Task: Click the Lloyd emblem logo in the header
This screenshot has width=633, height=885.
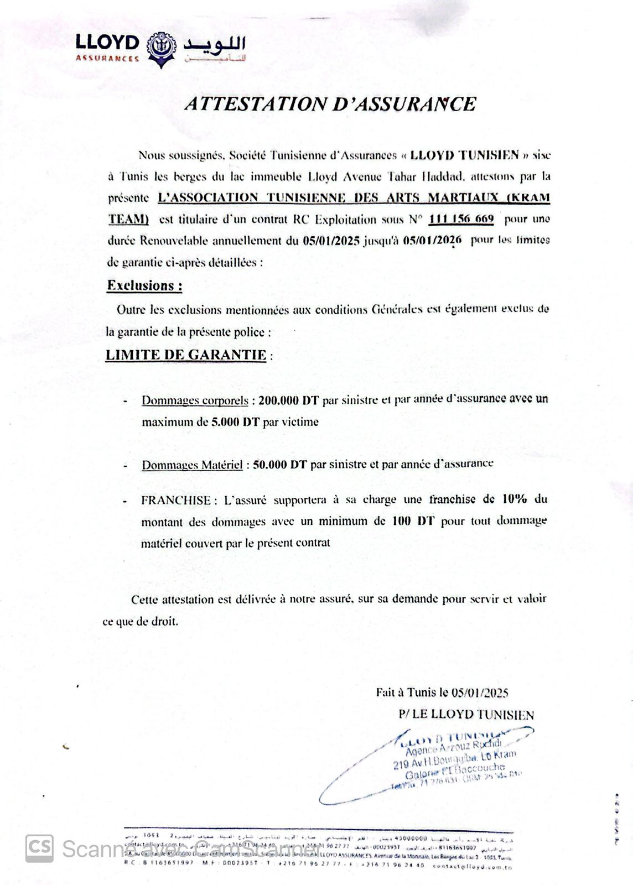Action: (159, 51)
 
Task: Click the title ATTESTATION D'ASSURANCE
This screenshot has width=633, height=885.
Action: (330, 105)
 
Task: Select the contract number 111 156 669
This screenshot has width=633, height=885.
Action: (461, 219)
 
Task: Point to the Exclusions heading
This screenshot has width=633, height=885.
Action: (144, 286)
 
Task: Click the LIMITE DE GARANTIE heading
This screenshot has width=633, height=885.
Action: (186, 355)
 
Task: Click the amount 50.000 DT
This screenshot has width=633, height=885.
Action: (279, 465)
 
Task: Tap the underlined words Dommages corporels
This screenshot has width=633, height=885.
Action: (195, 400)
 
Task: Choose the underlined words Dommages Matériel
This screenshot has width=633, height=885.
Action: (192, 465)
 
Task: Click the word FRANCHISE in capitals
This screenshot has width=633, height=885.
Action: (176, 499)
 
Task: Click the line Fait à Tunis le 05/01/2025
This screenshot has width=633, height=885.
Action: (442, 692)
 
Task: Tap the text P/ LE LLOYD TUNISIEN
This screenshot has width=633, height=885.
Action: (466, 715)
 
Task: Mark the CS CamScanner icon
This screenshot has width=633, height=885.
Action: (40, 848)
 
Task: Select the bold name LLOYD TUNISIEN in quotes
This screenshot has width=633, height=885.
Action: (464, 155)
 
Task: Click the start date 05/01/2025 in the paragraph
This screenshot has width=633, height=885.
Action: (331, 241)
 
